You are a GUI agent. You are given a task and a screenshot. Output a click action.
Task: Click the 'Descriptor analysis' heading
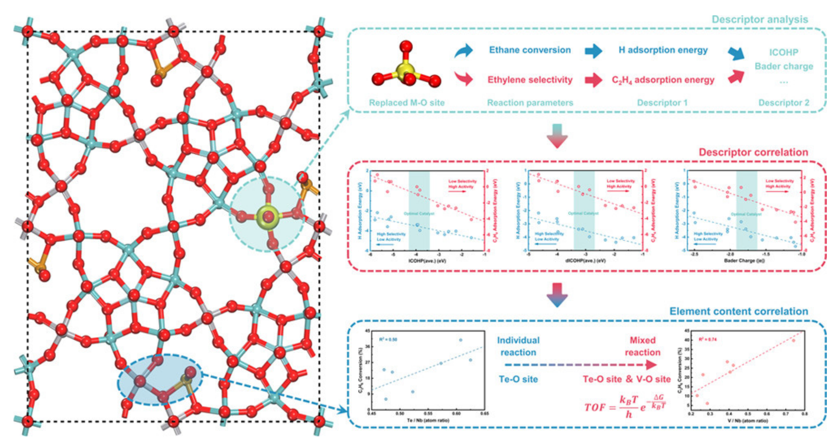point(759,19)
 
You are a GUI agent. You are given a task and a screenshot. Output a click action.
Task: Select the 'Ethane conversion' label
point(530,50)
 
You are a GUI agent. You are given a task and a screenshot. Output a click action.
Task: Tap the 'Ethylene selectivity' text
point(530,80)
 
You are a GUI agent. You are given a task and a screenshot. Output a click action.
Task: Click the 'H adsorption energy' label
point(663,50)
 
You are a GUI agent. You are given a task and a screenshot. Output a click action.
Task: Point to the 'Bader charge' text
point(784,66)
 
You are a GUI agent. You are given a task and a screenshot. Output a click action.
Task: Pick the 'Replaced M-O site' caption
point(406,103)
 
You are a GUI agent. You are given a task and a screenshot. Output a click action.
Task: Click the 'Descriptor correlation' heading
point(753,152)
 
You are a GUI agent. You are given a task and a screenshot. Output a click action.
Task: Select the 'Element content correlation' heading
point(739,311)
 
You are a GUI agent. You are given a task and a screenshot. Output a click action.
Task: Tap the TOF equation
point(624,406)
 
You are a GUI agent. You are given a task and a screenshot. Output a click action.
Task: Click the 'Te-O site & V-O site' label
point(627,379)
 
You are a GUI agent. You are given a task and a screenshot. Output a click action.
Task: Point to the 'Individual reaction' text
point(518,346)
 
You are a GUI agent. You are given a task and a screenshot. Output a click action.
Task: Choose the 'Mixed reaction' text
point(642,346)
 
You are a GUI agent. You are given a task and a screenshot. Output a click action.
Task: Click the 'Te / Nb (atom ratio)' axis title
point(428,420)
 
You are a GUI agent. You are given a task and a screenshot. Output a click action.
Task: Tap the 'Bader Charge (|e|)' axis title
point(744,261)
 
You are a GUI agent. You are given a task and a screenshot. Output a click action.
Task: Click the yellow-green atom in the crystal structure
point(268,216)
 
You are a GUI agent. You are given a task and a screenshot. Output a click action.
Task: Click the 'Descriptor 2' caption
point(784,103)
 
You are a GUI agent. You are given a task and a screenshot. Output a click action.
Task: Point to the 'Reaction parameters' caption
point(530,103)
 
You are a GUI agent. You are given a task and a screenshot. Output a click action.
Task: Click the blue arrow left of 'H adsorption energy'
point(593,51)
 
